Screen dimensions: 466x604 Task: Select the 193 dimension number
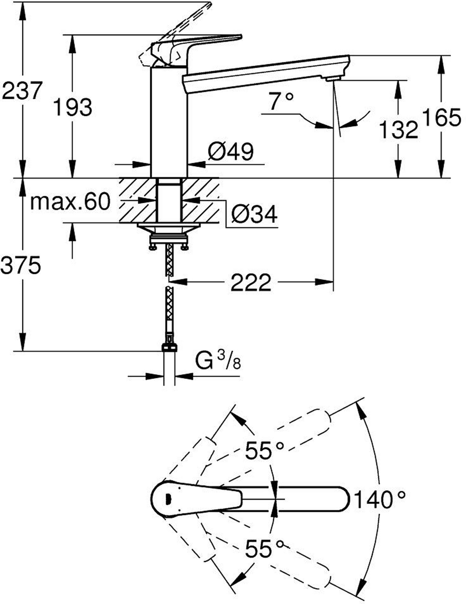pos(73,107)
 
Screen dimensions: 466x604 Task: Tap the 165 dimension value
pos(441,117)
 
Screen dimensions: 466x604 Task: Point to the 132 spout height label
pos(399,129)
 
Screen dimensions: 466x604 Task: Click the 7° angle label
pos(281,101)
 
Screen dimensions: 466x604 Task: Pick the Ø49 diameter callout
pos(230,152)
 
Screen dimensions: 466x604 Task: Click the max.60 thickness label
pos(70,202)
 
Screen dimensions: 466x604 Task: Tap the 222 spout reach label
pos(251,282)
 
